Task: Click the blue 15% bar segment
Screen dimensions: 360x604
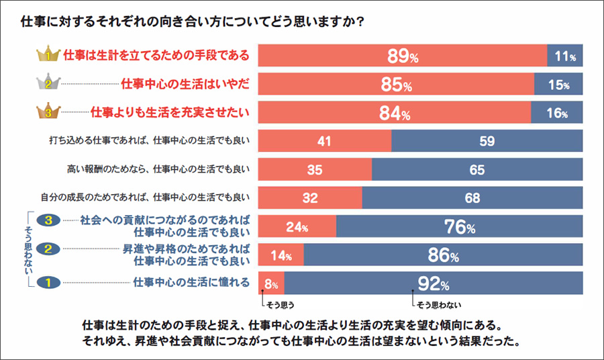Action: tap(558, 85)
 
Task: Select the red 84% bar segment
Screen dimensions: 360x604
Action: tap(395, 113)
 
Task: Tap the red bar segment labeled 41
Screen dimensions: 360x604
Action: tap(325, 141)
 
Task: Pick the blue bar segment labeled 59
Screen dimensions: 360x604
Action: tap(487, 141)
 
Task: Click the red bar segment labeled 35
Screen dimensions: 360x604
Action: tap(315, 169)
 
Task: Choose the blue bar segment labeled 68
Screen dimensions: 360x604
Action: tap(472, 197)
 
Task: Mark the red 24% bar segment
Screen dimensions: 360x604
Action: tap(297, 227)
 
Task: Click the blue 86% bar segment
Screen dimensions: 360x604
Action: tap(443, 255)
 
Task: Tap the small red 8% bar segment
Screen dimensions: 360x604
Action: tap(271, 283)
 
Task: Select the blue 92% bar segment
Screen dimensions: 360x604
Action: tap(434, 283)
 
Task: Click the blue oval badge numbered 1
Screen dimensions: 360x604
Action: tap(48, 283)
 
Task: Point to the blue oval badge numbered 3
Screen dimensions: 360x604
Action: tap(48, 220)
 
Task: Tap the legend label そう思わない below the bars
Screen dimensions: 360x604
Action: tap(440, 304)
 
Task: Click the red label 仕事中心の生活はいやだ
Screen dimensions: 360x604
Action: tap(185, 84)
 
